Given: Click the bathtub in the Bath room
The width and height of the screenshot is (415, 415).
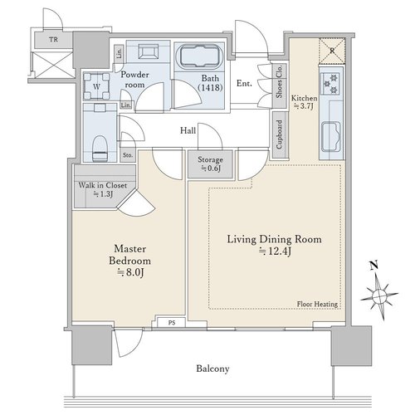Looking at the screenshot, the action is [199, 56].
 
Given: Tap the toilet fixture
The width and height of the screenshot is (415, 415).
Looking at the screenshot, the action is [100, 148].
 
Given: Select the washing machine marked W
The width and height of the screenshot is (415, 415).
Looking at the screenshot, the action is [96, 86].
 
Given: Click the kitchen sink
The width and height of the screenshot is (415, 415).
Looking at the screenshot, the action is [330, 137].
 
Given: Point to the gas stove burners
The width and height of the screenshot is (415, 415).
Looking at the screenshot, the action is [331, 82].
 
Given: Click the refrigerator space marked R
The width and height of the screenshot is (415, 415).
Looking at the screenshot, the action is [332, 51].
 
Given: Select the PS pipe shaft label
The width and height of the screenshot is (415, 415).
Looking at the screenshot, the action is [172, 323].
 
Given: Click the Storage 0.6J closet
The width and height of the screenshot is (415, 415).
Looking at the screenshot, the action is [210, 164].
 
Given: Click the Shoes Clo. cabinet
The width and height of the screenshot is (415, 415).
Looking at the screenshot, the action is [279, 81].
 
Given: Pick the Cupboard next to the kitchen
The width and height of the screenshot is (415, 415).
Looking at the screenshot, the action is [280, 134].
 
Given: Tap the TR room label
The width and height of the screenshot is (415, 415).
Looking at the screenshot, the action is [54, 40].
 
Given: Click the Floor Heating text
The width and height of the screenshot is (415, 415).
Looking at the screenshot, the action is [317, 304].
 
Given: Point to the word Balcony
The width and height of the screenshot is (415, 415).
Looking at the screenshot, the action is [212, 369].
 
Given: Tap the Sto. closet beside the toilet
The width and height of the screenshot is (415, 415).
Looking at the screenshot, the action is [128, 155].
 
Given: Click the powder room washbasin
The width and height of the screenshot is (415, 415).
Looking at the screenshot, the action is [148, 51].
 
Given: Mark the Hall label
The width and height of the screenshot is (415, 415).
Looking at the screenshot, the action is [188, 130].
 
